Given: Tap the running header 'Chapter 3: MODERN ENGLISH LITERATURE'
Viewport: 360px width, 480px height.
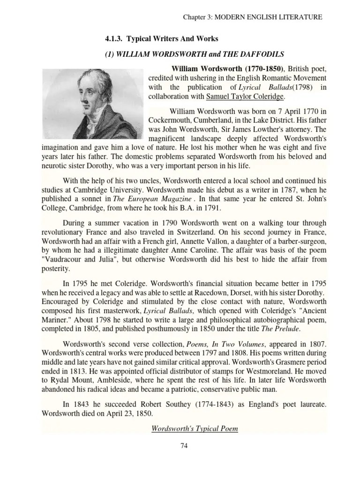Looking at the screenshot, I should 252,17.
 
